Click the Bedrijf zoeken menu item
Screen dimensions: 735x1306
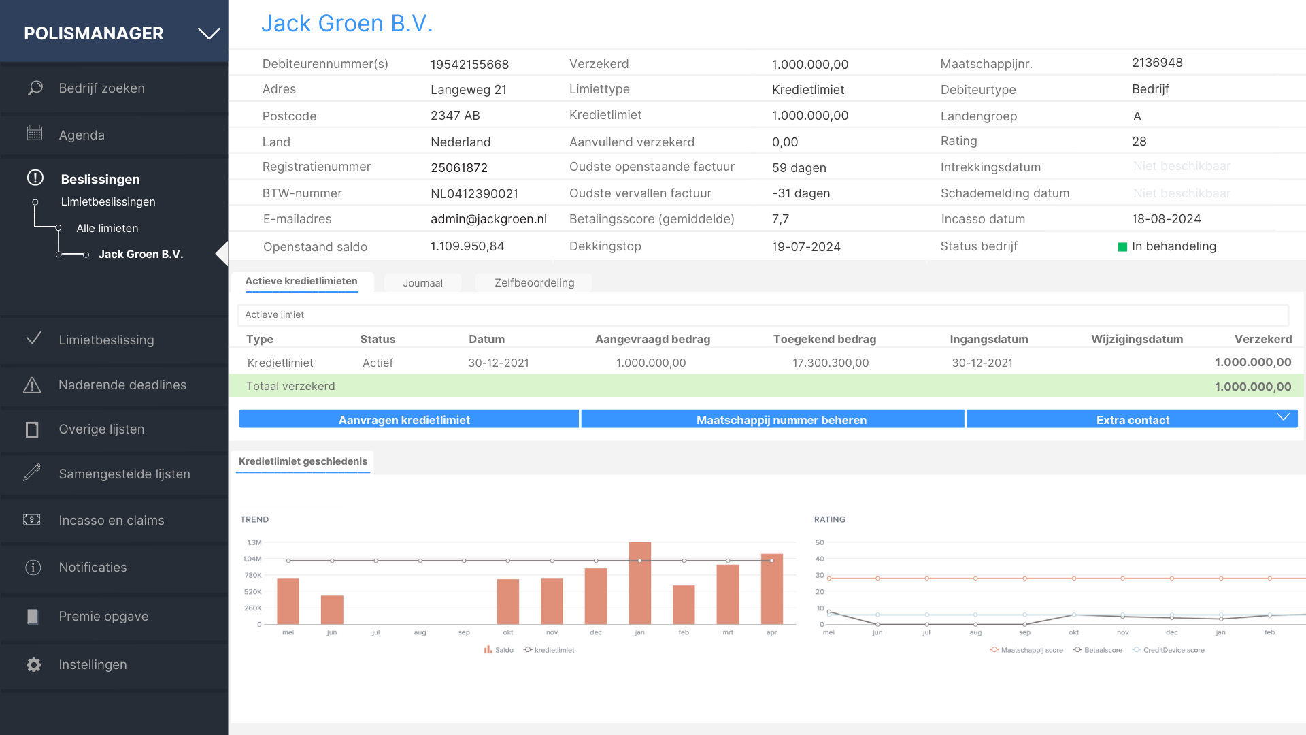coord(101,88)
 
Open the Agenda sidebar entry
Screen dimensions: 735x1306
coord(82,135)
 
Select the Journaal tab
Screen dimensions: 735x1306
coord(422,283)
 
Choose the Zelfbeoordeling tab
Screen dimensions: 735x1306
coord(534,283)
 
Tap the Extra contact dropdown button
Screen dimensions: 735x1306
coord(1133,420)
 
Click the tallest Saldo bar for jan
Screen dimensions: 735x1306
coord(639,583)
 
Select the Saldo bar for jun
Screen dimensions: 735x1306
coord(332,610)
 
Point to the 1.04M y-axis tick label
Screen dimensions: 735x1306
coord(252,559)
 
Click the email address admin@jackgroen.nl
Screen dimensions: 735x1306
coord(488,219)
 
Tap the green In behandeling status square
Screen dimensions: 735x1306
coord(1122,247)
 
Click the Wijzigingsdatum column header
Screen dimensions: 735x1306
coord(1137,339)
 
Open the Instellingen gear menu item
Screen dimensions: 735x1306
coord(93,665)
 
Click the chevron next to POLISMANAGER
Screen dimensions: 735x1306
coord(209,33)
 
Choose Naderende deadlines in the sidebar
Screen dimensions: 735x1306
coord(122,385)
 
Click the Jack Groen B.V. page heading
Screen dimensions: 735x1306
coord(347,24)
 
